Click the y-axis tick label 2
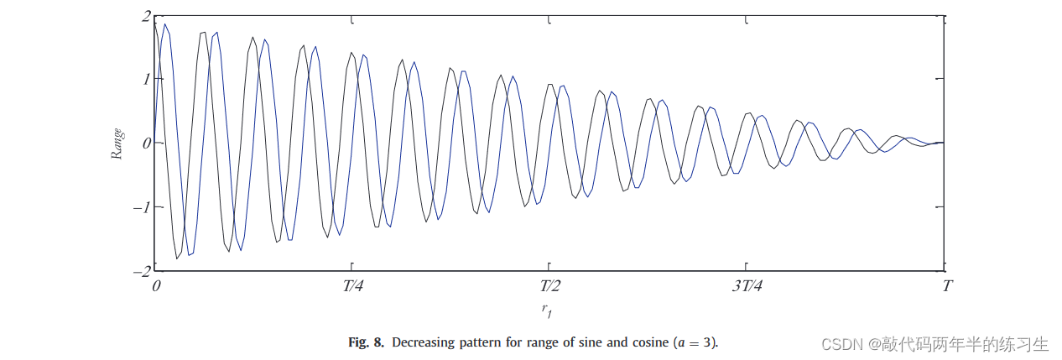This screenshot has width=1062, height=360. click(x=146, y=16)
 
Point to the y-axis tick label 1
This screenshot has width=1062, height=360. click(x=146, y=79)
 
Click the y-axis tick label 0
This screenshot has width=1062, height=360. click(x=146, y=143)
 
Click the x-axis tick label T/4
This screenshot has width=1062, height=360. click(x=353, y=286)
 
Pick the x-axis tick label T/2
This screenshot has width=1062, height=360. click(x=551, y=286)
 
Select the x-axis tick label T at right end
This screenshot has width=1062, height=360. click(x=946, y=286)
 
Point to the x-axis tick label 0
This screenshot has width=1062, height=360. click(x=156, y=286)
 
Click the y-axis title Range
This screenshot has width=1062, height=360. click(x=118, y=143)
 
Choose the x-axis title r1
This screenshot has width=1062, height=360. click(x=547, y=310)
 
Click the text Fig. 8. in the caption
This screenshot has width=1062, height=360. click(x=366, y=342)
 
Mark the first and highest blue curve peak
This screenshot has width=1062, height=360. click(x=165, y=25)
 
